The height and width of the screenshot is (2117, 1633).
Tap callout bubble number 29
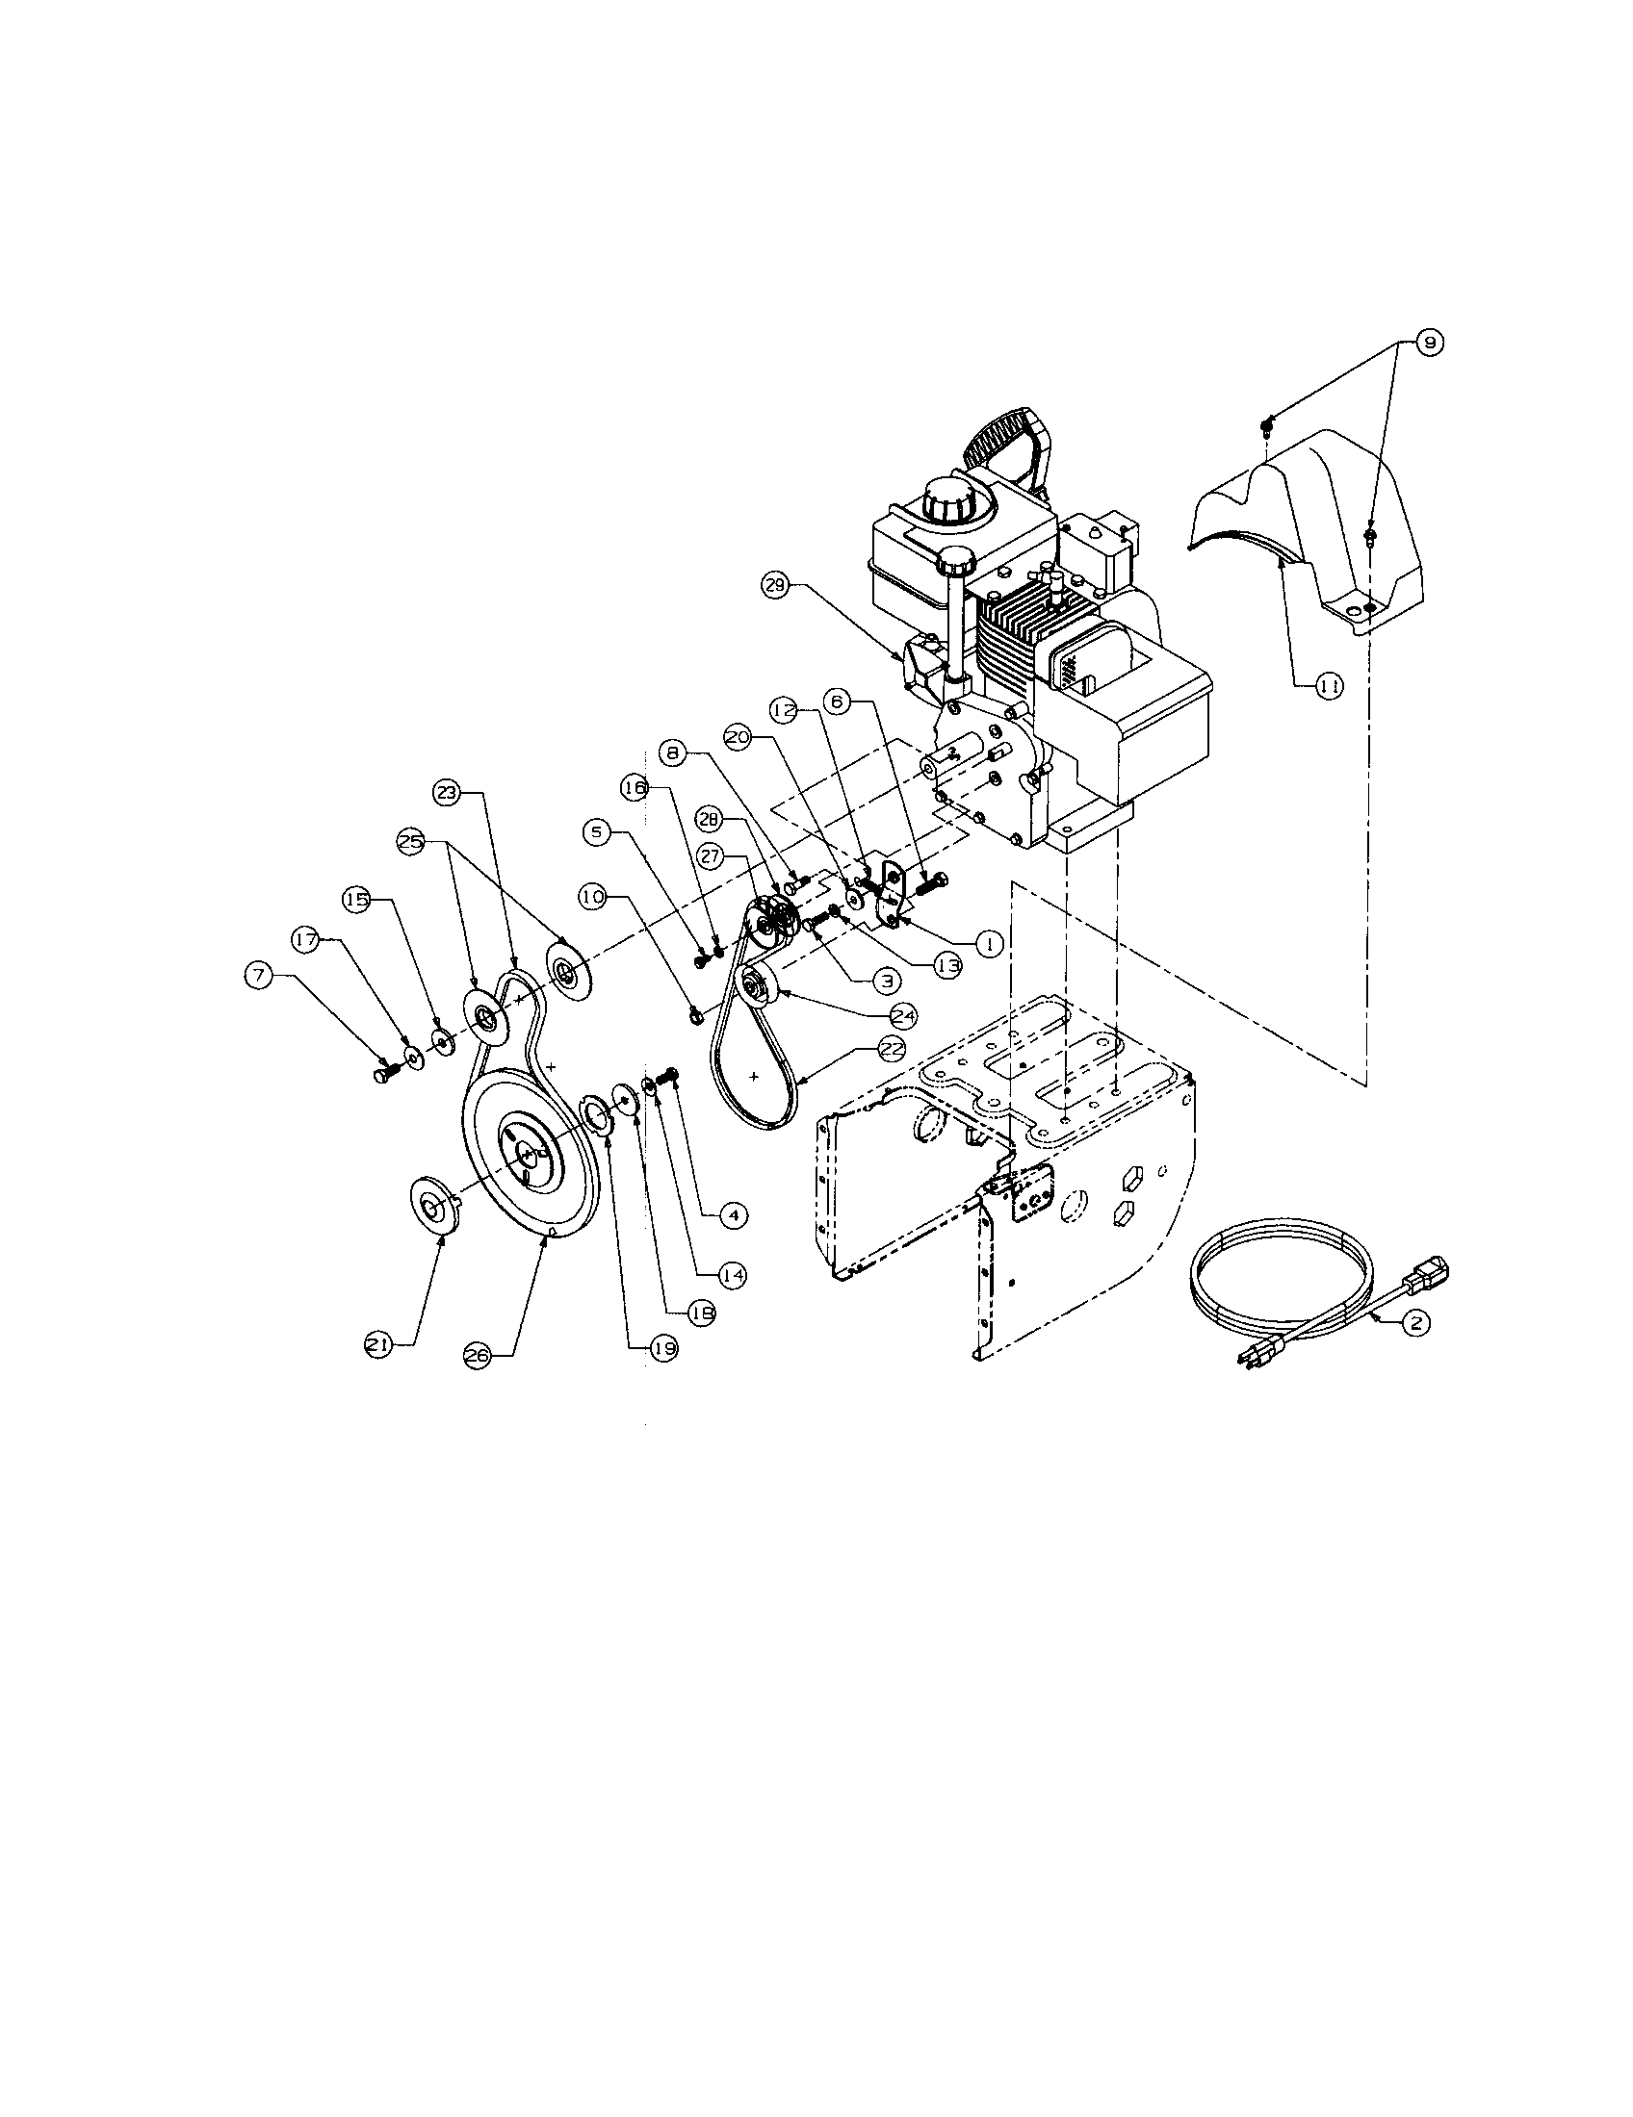(x=777, y=585)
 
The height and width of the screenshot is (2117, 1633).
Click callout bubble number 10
(x=592, y=898)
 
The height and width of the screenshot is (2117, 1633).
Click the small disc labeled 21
(x=431, y=1206)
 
